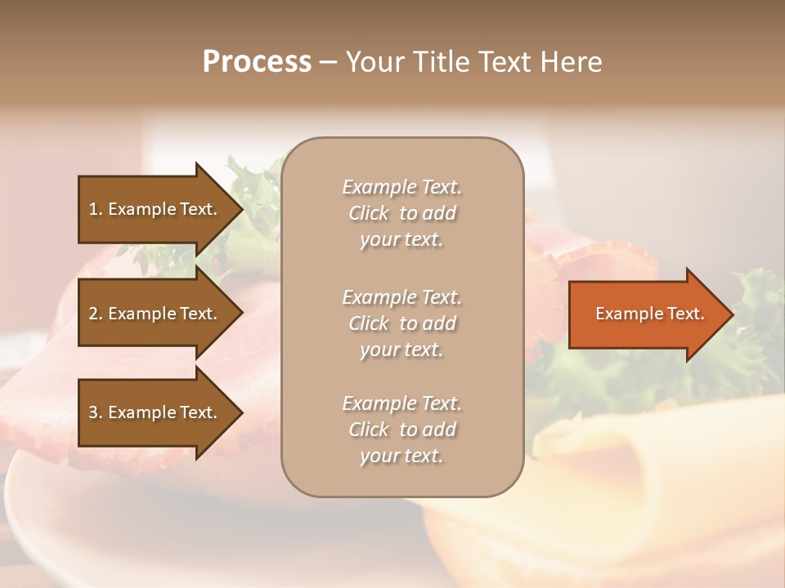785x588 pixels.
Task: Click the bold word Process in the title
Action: (257, 62)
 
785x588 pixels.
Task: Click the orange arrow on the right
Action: (646, 314)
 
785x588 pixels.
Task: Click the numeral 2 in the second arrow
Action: (93, 314)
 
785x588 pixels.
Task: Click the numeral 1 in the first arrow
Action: (93, 209)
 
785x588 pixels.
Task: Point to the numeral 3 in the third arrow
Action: (93, 412)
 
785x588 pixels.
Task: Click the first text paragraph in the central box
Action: (401, 213)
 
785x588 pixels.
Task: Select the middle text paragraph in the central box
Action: (401, 323)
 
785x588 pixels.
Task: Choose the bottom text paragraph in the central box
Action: (401, 430)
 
